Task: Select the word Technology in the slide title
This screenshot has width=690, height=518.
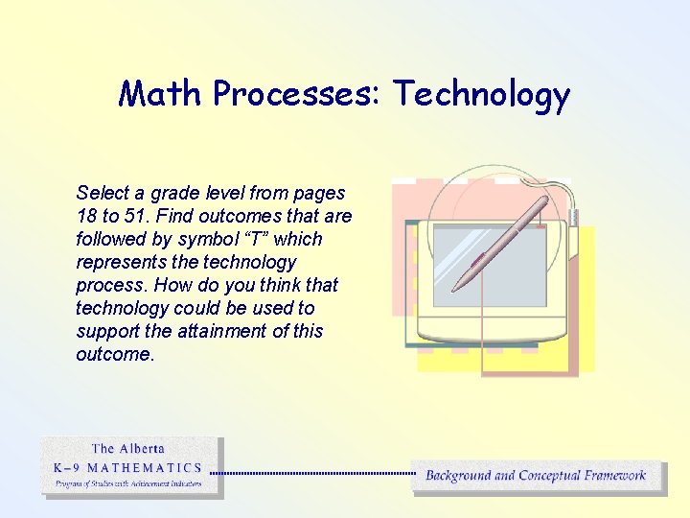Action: pos(482,94)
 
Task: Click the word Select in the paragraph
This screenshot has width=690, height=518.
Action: pos(103,193)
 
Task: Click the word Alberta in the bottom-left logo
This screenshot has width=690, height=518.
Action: pos(142,448)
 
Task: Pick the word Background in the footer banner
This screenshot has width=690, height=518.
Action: pos(458,475)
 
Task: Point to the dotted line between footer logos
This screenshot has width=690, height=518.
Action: pos(311,472)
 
